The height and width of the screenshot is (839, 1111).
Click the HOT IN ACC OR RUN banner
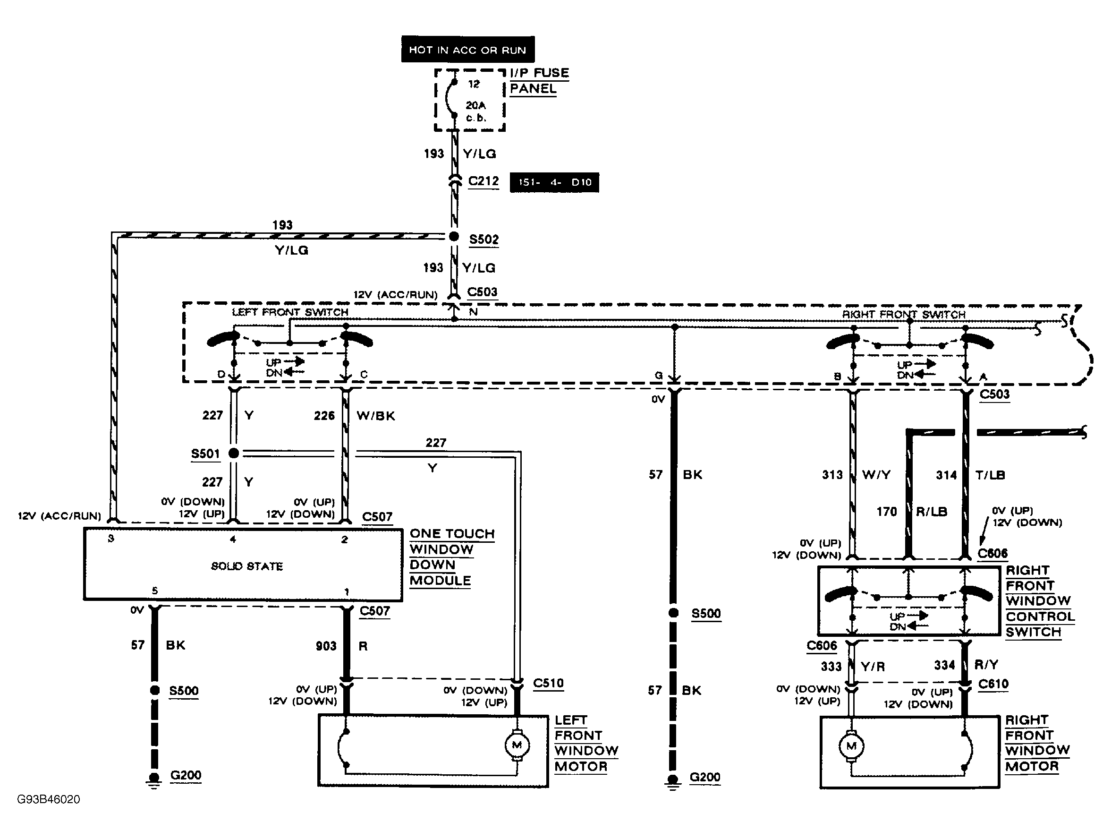click(x=467, y=50)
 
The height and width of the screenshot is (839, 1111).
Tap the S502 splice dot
click(x=454, y=237)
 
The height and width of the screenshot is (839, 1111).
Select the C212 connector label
click(x=483, y=181)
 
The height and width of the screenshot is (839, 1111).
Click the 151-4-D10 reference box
click(x=554, y=182)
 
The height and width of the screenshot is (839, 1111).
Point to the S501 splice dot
click(x=234, y=453)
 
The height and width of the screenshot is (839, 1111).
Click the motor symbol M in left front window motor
click(x=517, y=745)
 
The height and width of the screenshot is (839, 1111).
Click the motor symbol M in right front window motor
click(x=851, y=746)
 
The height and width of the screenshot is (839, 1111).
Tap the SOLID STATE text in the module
click(x=246, y=566)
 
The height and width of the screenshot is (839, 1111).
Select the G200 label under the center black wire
click(x=704, y=777)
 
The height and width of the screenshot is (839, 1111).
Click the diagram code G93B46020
click(x=49, y=799)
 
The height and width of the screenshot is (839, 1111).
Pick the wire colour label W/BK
click(x=376, y=416)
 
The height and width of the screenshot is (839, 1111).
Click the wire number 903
click(x=326, y=646)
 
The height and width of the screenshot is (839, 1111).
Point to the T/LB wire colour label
click(x=990, y=475)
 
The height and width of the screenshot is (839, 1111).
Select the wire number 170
click(x=887, y=512)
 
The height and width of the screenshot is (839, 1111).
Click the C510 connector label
click(x=548, y=683)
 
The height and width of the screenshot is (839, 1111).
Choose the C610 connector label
click(x=993, y=684)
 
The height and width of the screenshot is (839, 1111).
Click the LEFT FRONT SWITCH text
click(x=290, y=312)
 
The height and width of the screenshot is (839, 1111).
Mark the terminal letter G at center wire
click(x=659, y=375)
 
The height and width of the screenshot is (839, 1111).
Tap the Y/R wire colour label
click(x=873, y=667)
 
